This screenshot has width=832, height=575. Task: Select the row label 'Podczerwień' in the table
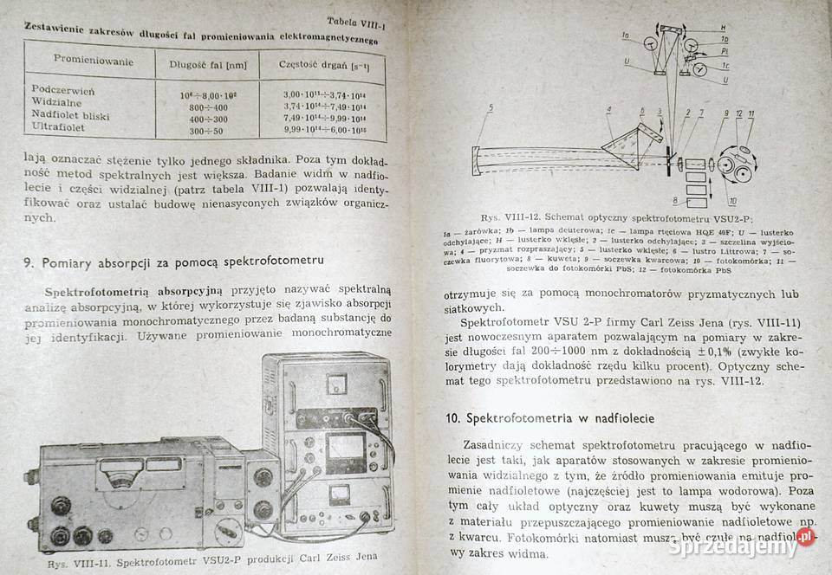63,90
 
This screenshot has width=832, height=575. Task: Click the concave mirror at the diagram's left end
479,159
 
